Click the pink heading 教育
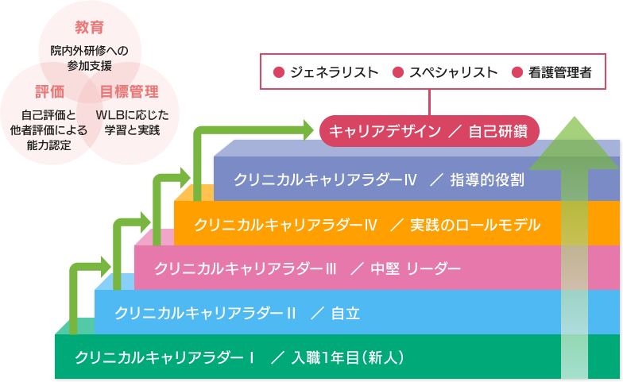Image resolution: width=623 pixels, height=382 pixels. [x=90, y=29]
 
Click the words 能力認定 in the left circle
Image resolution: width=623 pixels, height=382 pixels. [x=48, y=145]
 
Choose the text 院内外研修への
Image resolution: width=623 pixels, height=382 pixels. [x=90, y=51]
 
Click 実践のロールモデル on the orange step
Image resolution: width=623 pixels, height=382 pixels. [x=475, y=225]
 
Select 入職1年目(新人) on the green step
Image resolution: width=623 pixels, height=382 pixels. [x=348, y=357]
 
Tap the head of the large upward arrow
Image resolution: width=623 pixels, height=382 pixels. [x=575, y=143]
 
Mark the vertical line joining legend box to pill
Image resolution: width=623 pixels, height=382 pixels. [x=430, y=102]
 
